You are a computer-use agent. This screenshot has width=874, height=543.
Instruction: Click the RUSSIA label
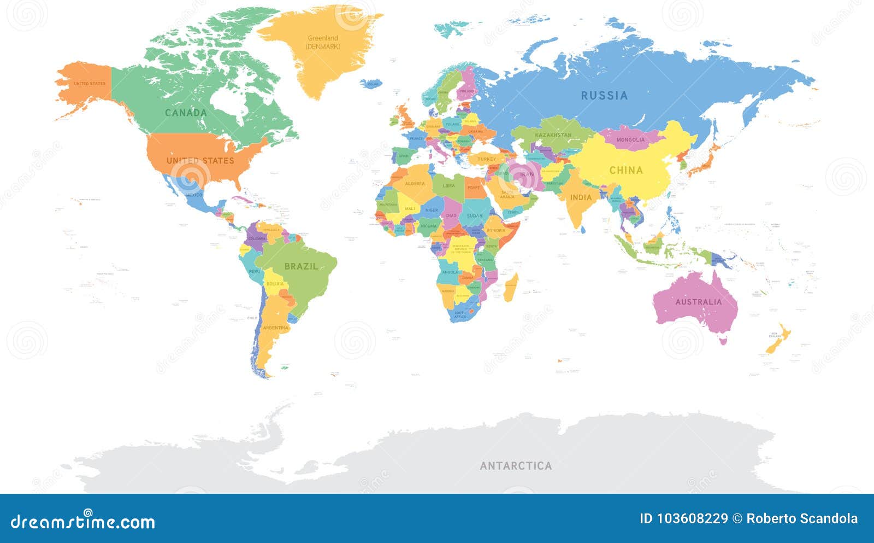point(604,96)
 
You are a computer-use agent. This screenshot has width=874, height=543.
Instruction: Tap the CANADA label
point(186,113)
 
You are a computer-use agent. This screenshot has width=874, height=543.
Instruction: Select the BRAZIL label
point(301,266)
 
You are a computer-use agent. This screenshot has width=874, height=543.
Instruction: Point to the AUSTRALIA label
point(698,302)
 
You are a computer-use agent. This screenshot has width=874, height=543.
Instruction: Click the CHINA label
point(626,170)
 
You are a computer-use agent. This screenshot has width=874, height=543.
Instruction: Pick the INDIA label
point(581,197)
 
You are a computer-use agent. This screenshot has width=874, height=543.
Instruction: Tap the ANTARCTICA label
point(516,466)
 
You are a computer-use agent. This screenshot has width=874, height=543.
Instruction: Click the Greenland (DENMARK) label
point(323,42)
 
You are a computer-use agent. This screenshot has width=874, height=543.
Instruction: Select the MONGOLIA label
point(630,140)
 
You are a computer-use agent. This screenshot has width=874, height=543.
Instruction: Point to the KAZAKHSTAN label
point(553,135)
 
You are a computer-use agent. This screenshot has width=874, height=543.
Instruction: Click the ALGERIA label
point(415,184)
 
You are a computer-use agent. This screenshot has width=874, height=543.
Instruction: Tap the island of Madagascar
point(511,288)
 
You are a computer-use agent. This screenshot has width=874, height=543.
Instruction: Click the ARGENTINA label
point(275,328)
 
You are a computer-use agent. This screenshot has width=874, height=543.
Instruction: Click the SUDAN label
point(475,216)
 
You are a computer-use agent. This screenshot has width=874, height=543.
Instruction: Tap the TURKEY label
point(486,159)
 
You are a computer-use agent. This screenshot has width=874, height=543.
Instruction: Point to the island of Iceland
point(371,84)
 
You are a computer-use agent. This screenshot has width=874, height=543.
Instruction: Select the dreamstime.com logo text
point(82,522)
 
